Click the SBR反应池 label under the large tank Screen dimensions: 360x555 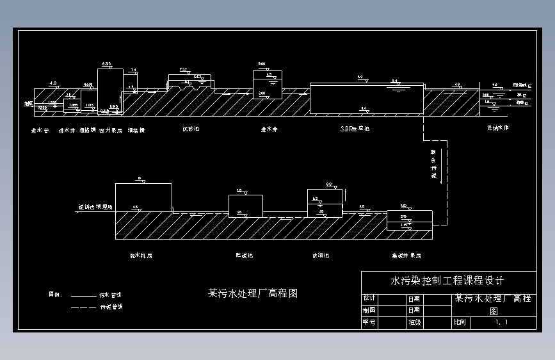[355, 129]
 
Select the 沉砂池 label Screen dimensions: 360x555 [191, 129]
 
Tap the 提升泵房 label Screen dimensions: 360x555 [111, 130]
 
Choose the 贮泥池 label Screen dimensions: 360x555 [244, 255]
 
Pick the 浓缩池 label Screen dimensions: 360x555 [321, 255]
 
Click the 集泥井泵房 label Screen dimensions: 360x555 [406, 255]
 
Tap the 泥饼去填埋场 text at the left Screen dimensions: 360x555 [95, 208]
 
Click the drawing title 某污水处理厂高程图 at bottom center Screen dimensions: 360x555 [253, 294]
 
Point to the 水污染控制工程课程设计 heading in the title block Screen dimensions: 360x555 [447, 281]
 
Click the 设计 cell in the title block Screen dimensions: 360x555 [369, 299]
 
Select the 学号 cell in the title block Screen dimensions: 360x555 [369, 323]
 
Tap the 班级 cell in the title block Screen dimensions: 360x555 [414, 323]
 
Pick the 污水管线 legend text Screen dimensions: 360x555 [110, 296]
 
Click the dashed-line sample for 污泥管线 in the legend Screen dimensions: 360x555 [82, 307]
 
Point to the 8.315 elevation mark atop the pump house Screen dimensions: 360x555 [107, 64]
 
